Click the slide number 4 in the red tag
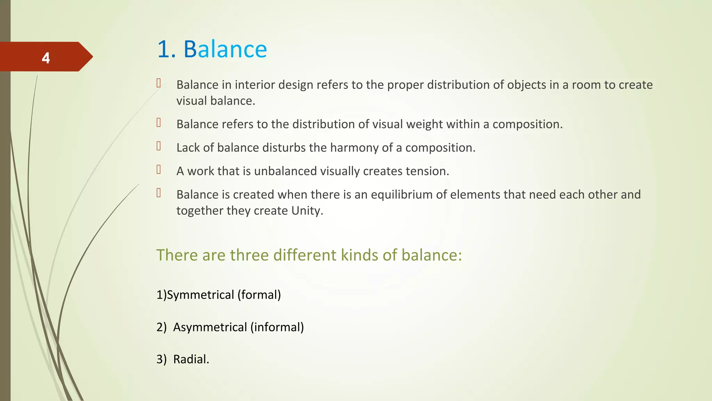click(46, 58)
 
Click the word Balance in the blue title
click(225, 49)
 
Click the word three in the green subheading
click(250, 255)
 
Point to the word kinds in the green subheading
click(359, 255)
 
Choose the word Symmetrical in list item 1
click(201, 295)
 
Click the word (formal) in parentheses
click(259, 295)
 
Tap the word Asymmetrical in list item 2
click(210, 327)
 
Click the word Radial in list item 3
click(190, 359)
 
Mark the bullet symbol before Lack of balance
click(159, 146)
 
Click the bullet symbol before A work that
click(159, 170)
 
